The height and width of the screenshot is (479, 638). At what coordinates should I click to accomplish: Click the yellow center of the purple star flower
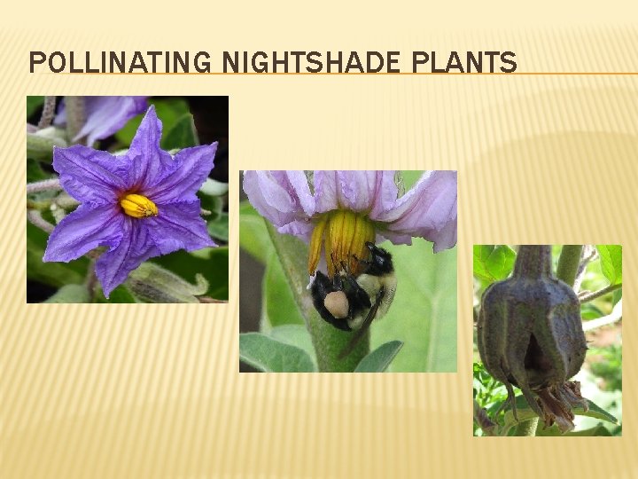(138, 206)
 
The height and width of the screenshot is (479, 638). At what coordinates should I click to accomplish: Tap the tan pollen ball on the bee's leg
(337, 303)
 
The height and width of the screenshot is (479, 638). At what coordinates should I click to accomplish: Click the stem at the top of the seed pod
(533, 262)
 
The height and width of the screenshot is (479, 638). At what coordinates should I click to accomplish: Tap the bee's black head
(379, 258)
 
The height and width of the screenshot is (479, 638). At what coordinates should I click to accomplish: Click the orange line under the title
(576, 73)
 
